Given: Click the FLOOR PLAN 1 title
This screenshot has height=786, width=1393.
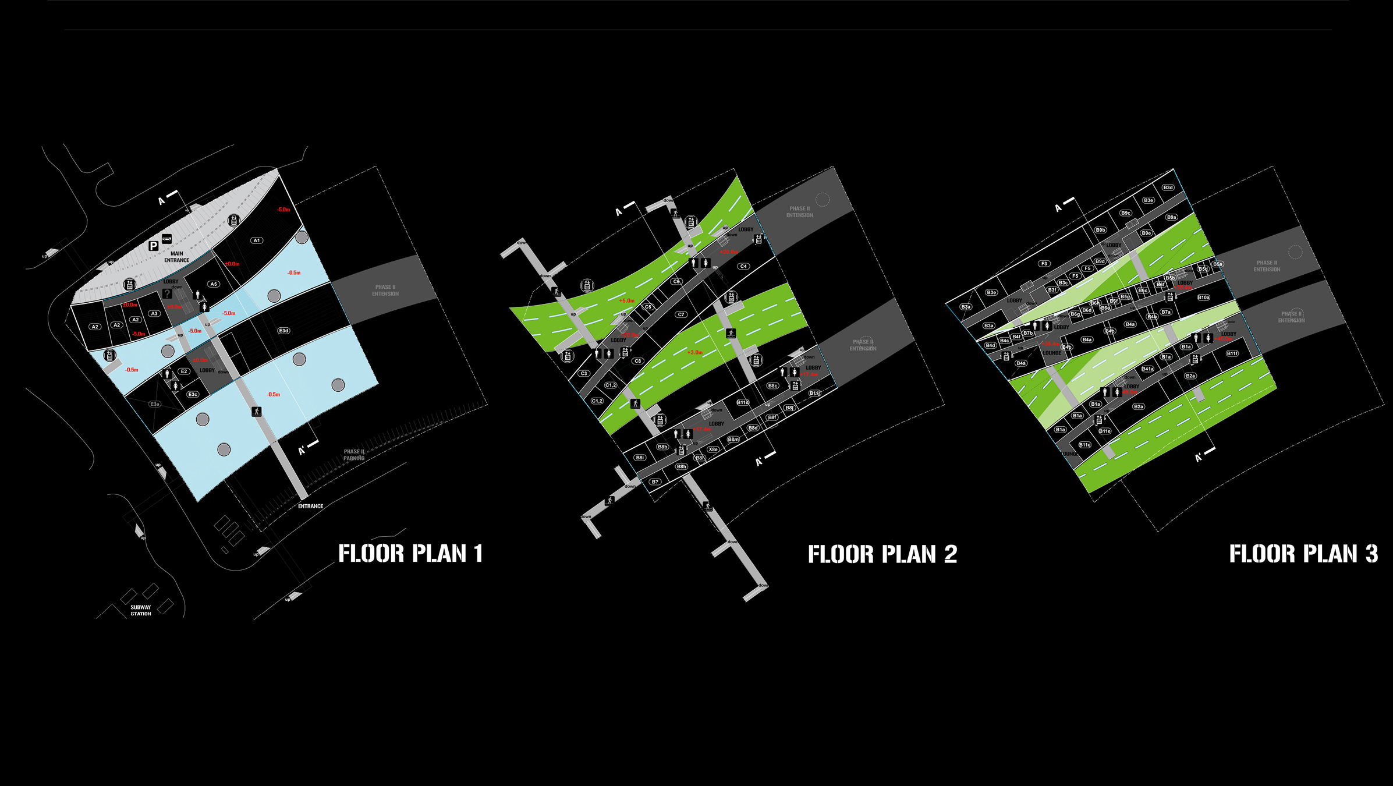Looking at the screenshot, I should click(x=410, y=553).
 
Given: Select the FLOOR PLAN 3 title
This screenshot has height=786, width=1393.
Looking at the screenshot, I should click(x=1303, y=554).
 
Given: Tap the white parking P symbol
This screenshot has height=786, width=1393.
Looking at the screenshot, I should click(x=153, y=246).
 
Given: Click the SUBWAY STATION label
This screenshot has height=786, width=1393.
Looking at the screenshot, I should click(x=140, y=610).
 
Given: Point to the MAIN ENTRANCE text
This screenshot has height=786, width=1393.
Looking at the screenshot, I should click(x=176, y=257).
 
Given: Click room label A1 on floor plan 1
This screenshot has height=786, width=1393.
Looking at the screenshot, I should click(x=257, y=240).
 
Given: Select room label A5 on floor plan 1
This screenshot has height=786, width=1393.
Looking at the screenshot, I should click(x=214, y=284).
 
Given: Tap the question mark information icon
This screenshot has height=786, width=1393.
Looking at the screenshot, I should click(x=167, y=294).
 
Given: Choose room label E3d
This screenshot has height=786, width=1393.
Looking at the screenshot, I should click(x=283, y=331).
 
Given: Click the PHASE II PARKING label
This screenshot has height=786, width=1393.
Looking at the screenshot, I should click(x=354, y=455).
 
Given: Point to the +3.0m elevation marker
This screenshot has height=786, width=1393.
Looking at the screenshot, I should click(x=695, y=352).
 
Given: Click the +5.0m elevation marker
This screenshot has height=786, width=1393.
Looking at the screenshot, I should click(x=626, y=301).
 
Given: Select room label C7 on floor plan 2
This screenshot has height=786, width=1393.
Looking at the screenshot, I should click(x=681, y=314).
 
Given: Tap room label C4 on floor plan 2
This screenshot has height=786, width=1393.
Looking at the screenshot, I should click(x=743, y=266).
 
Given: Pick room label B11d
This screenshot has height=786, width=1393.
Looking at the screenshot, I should click(x=743, y=402).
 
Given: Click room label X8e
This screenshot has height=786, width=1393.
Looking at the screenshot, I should click(x=713, y=449).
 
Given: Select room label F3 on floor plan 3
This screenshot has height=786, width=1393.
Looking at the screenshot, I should click(x=1044, y=264).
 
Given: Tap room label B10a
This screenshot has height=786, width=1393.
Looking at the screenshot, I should click(x=1203, y=298).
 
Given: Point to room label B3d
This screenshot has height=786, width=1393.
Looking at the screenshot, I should click(x=1168, y=187).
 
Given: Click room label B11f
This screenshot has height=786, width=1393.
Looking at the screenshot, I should click(x=1232, y=353).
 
